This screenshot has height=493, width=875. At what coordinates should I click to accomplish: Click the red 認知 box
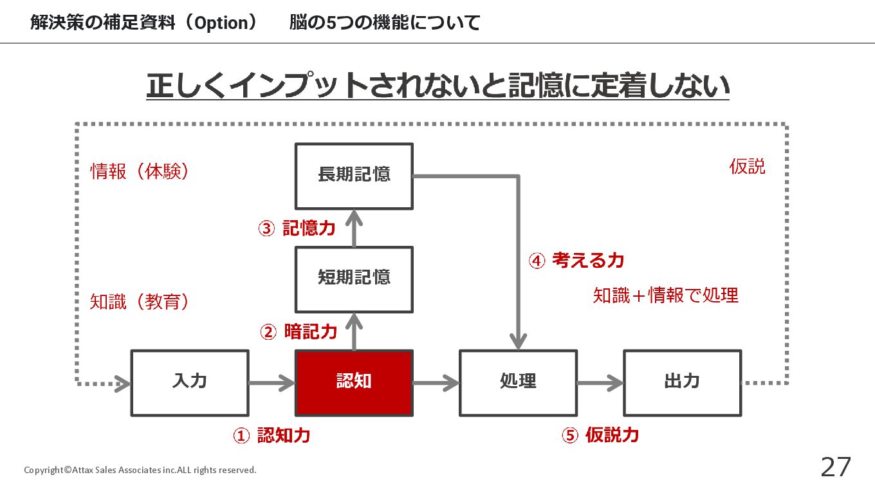coord(354,383)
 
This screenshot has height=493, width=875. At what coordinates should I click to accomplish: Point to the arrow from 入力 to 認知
coord(272,383)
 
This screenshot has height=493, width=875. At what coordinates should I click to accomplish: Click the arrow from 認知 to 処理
coord(436,383)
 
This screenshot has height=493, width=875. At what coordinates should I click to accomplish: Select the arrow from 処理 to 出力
coord(600,383)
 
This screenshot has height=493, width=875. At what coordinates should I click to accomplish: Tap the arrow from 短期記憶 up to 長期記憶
coord(354,228)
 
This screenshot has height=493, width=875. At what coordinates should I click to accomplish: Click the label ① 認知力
coord(272,435)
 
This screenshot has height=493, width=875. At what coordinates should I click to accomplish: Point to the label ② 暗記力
coord(299,332)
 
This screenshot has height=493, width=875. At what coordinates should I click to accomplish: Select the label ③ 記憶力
coord(297,228)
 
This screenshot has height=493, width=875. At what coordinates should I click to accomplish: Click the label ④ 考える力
coord(576,260)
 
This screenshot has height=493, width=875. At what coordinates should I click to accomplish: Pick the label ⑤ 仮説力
coord(600,435)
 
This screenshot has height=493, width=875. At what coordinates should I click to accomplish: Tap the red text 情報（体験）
coord(140,171)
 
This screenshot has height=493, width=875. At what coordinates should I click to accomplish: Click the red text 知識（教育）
coord(140,302)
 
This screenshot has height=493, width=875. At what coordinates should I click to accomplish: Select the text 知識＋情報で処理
coord(666,295)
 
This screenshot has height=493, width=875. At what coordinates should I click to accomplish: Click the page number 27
coord(836,467)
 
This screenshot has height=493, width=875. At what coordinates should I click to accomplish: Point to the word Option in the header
coord(221,23)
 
